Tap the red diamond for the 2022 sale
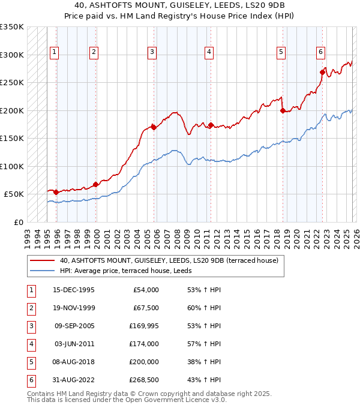322,73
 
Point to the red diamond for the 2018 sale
283,110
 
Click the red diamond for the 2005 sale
154,127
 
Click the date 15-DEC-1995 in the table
73,290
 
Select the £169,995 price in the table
144,326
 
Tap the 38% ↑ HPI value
203,362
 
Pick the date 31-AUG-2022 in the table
73,380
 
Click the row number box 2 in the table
30,308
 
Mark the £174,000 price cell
144,344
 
